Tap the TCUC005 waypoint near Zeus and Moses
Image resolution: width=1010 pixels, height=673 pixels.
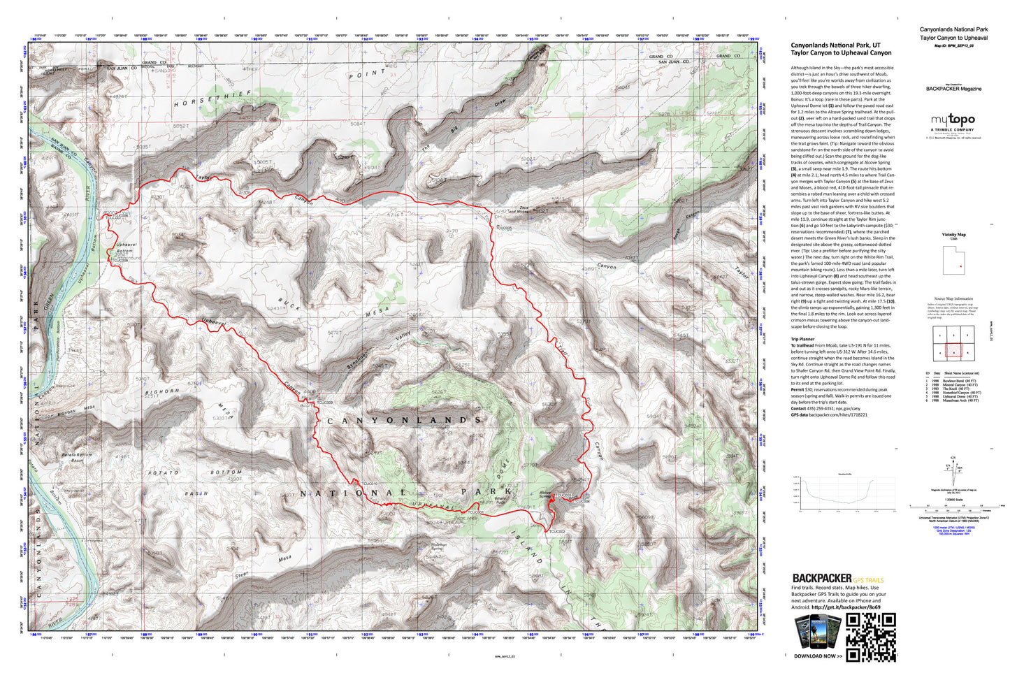coord(503,228)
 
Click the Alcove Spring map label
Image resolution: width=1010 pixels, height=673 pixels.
coord(544,494)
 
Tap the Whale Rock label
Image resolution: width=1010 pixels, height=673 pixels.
coord(500,500)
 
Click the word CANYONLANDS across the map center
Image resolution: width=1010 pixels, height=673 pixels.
coord(404,420)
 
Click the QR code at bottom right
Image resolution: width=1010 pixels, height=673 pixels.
coord(870,637)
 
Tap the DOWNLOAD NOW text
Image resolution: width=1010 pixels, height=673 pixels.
coord(818,656)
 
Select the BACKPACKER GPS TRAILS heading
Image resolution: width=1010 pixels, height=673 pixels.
coord(837,579)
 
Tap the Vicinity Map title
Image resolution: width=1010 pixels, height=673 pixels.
coord(953,235)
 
